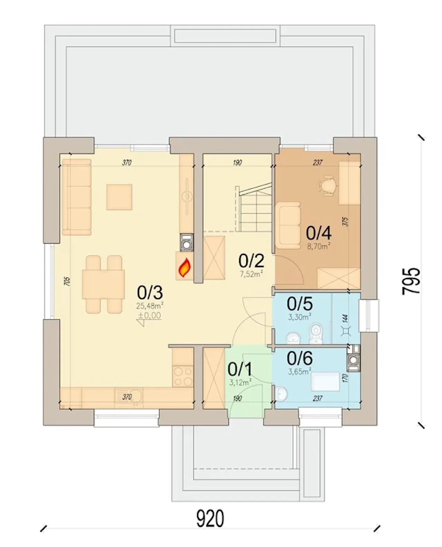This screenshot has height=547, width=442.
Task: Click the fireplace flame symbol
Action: point(184,268)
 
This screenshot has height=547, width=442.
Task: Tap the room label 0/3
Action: point(150,293)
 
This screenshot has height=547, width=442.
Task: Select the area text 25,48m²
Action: point(150,306)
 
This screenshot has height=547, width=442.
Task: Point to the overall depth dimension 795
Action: point(411,281)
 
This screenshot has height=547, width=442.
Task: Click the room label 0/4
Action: point(319,233)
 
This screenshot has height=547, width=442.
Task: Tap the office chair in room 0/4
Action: point(327,186)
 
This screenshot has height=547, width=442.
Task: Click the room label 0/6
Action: point(299,358)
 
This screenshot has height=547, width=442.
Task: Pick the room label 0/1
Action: point(240,369)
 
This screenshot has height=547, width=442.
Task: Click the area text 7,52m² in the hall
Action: point(251,274)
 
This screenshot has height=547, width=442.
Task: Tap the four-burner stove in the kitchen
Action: point(183,376)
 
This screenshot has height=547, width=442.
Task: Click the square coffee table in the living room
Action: point(119,197)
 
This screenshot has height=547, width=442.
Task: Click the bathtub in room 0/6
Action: point(326,382)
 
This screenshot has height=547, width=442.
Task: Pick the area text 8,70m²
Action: point(319,246)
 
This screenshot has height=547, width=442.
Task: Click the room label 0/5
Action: point(299,304)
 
